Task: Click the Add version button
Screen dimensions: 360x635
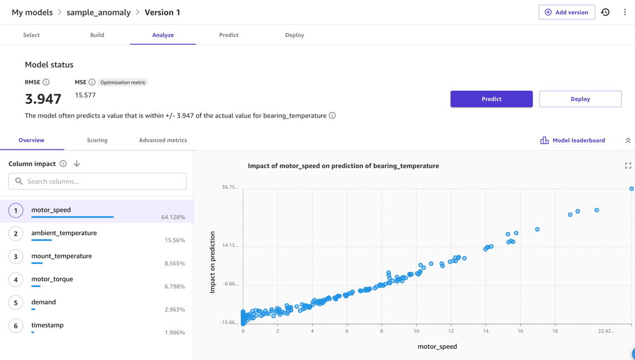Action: coord(566,12)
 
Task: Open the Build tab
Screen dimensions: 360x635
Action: coord(97,35)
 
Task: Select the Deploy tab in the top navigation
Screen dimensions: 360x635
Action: coord(294,35)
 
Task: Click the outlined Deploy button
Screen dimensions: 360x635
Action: coord(580,99)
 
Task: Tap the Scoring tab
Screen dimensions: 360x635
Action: coord(97,140)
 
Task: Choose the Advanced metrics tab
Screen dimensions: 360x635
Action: coord(163,140)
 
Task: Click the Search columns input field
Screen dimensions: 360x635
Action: coord(98,182)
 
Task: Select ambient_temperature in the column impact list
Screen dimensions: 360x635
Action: coord(64,233)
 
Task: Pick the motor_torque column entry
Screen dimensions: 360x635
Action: coord(52,279)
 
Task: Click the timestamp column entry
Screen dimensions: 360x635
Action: coord(48,325)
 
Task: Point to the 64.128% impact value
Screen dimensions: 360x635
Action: coord(173,217)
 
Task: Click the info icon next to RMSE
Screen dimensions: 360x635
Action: coord(46,82)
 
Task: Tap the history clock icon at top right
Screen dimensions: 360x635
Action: coord(605,12)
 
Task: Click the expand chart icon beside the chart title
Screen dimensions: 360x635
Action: coord(628,166)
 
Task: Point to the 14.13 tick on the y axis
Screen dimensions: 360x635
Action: coord(230,246)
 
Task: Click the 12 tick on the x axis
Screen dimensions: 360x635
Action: coord(451,331)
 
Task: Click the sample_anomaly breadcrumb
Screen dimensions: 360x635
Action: coord(98,12)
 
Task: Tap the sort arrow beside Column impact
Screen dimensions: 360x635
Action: coord(77,164)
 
